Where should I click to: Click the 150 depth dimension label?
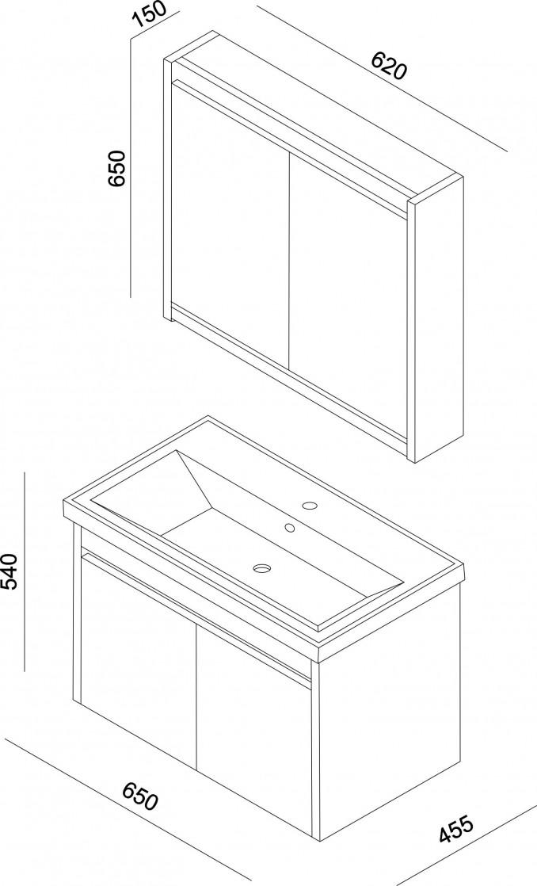(x=150, y=15)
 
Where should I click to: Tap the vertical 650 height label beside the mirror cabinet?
(x=116, y=168)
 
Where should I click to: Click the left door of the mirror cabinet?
(x=229, y=226)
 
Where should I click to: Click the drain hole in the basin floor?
(x=262, y=567)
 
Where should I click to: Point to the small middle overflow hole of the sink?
(x=290, y=528)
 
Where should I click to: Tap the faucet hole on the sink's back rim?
(x=310, y=505)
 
